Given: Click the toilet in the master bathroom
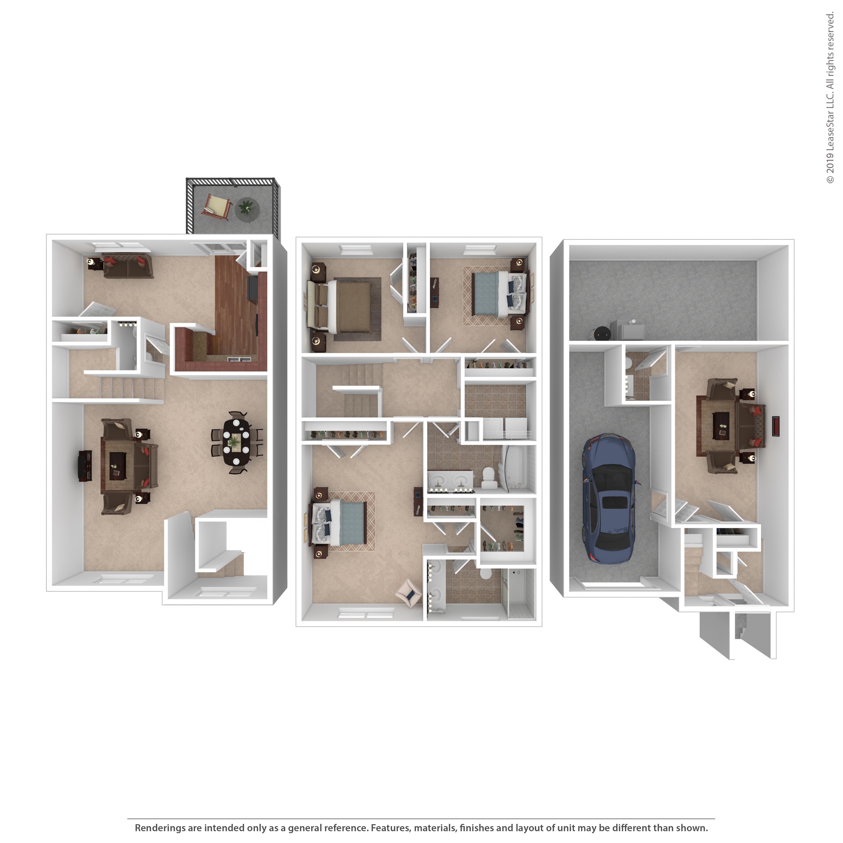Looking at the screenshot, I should click(485, 573).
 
